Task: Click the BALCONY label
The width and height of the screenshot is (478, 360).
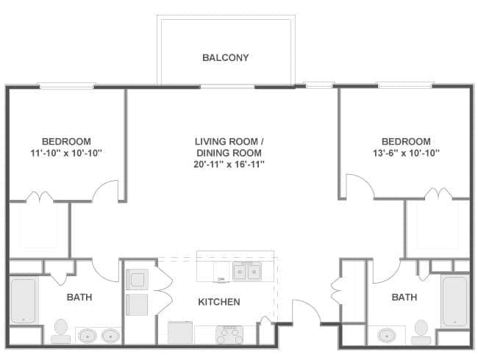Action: click(226, 57)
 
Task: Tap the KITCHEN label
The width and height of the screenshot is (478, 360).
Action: click(219, 302)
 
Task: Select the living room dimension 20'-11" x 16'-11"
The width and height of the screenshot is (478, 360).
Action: click(229, 165)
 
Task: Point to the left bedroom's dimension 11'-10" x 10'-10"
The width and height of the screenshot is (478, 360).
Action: click(66, 153)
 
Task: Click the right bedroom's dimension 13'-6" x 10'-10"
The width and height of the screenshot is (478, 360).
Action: click(406, 153)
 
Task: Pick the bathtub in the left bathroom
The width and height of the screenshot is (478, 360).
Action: click(24, 300)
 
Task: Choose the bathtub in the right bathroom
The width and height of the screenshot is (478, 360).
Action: click(454, 301)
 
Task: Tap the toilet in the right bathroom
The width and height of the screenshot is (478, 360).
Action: click(421, 332)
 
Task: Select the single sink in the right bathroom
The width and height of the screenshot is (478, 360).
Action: click(387, 336)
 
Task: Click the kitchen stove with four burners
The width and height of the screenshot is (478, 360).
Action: click(229, 335)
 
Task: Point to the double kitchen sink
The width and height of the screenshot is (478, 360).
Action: click(247, 271)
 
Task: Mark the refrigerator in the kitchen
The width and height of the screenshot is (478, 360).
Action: click(180, 333)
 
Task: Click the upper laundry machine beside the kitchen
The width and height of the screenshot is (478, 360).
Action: click(138, 279)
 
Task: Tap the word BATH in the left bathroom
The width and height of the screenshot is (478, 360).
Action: click(79, 298)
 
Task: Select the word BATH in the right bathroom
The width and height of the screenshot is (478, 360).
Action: click(404, 298)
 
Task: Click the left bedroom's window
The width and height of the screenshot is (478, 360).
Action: click(67, 86)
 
